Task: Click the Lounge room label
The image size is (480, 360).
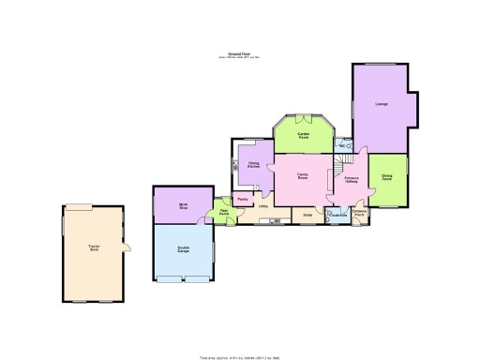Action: (x=380, y=103)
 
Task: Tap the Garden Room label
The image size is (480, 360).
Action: (x=304, y=136)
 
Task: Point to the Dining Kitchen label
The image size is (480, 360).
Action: (x=253, y=165)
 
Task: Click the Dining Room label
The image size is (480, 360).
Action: (x=386, y=178)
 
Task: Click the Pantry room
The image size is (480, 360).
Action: (x=242, y=200)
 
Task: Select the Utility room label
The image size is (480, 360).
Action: (x=263, y=205)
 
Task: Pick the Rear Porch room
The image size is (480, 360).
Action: (x=224, y=213)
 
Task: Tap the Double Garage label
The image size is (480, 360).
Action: (x=184, y=249)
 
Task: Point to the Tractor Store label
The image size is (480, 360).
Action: (x=94, y=248)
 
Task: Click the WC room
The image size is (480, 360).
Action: (x=344, y=147)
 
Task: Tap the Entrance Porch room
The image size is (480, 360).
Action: (x=358, y=215)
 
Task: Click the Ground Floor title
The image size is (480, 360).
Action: (x=238, y=54)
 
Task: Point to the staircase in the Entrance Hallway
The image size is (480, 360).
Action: (x=336, y=169)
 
